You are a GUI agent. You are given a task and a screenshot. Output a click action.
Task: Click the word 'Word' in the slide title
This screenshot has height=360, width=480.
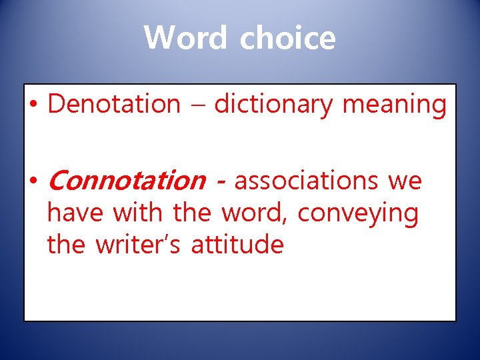tap(185, 37)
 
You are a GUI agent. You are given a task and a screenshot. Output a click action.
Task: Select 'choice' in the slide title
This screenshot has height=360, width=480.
tap(287, 37)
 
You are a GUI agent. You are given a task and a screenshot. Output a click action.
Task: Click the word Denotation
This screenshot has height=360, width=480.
tap(114, 104)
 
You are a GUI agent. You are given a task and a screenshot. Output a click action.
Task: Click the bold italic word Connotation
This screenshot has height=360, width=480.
tap(127, 180)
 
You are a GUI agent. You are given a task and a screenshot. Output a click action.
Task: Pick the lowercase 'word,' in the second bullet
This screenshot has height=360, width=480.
tap(255, 213)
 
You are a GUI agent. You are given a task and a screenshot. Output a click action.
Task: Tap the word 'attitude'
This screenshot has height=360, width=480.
tap(237, 245)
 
